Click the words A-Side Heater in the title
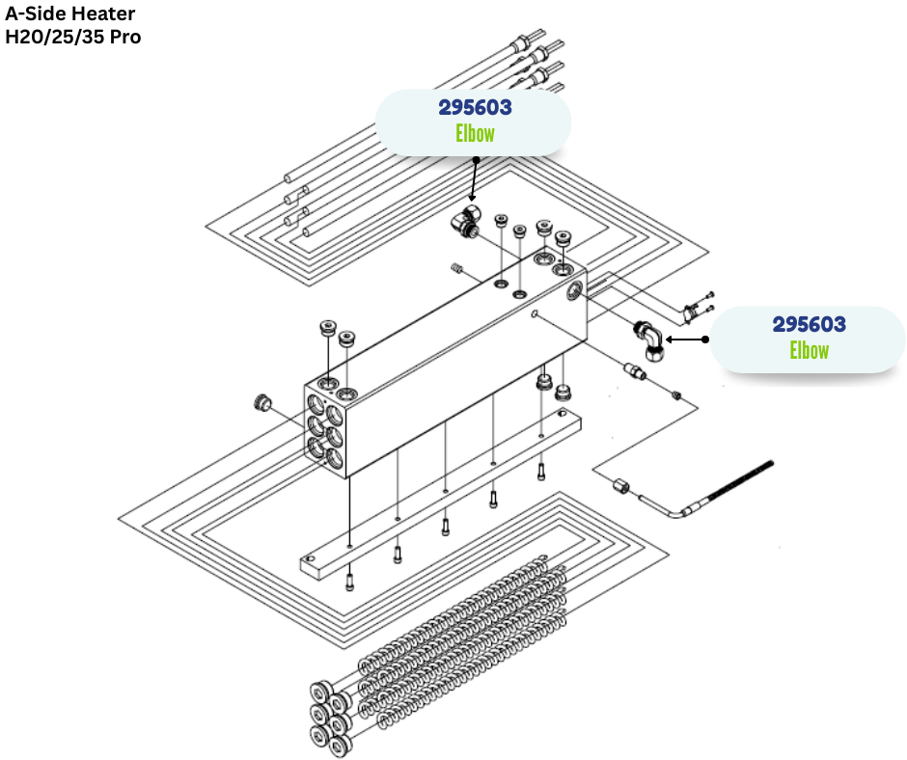(x=70, y=14)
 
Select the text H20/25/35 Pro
(x=73, y=38)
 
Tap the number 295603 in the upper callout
(x=475, y=107)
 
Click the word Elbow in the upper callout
(x=475, y=133)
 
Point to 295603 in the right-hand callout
(x=809, y=324)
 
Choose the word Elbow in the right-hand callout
(x=809, y=349)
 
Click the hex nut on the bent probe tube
(x=621, y=486)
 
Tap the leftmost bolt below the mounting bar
(x=349, y=582)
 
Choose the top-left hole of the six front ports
(x=316, y=400)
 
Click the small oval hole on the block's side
(x=535, y=314)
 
